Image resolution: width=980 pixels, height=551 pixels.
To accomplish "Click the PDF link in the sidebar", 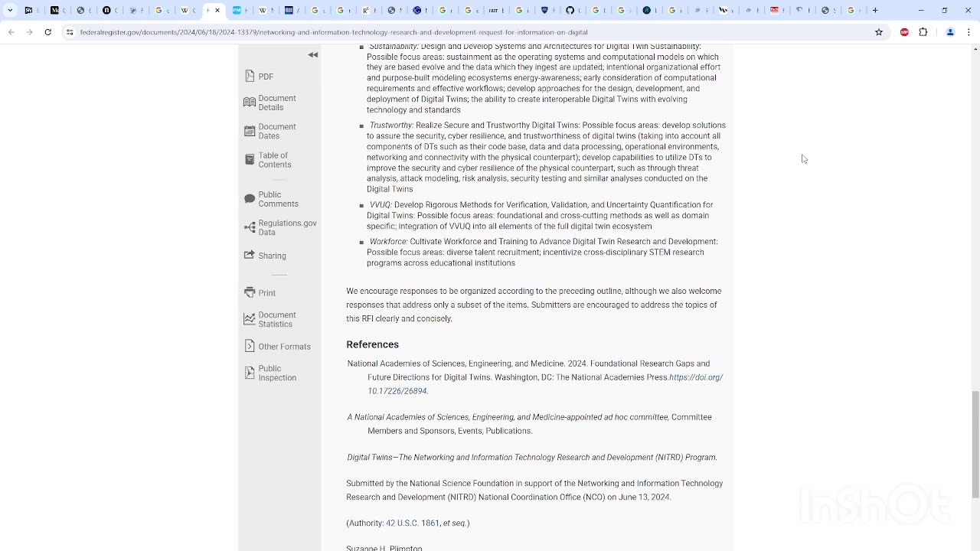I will (x=265, y=77).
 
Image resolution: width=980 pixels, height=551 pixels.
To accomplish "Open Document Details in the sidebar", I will (x=276, y=103).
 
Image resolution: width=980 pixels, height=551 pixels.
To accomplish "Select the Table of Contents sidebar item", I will (x=274, y=160).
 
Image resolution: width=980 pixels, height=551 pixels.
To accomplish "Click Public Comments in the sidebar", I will (x=278, y=199).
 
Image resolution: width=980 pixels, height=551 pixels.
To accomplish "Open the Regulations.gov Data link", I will (x=286, y=227).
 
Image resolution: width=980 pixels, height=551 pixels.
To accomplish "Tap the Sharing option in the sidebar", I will (x=272, y=256).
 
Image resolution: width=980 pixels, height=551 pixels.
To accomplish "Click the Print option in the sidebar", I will (x=266, y=293).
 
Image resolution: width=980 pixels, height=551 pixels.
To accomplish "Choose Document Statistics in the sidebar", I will (x=276, y=319).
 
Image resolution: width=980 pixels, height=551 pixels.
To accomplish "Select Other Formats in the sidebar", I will (x=284, y=347).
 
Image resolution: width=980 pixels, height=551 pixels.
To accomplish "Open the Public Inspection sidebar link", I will (x=276, y=373).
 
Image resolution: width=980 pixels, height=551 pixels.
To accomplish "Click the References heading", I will (x=372, y=344).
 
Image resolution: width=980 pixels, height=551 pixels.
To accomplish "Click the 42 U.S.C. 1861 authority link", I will (x=413, y=523).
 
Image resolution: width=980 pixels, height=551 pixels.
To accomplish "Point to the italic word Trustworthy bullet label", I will (x=390, y=126).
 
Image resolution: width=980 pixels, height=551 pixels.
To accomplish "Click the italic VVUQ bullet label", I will (x=380, y=205).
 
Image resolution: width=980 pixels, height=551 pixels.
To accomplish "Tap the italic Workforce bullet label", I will (x=388, y=242).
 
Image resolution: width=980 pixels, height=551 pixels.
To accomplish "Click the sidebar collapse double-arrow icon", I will (x=313, y=55).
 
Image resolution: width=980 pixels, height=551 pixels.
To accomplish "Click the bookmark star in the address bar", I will (x=879, y=32).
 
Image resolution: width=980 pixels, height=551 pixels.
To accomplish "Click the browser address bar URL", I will (x=334, y=32).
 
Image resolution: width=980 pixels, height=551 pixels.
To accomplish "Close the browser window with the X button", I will (x=968, y=10).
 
